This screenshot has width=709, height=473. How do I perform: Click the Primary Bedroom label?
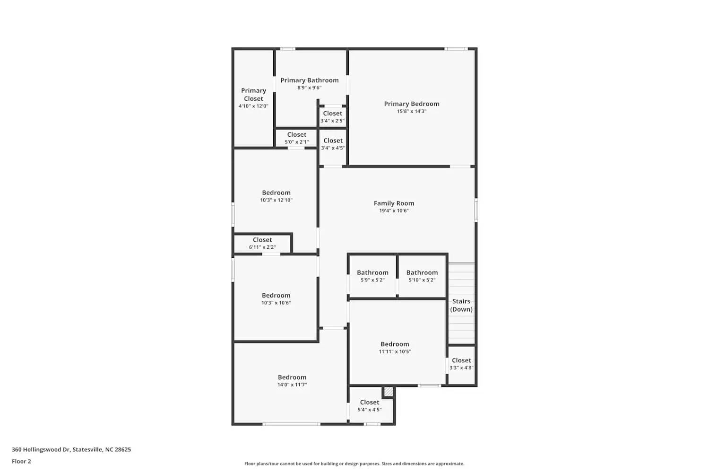point(411,104)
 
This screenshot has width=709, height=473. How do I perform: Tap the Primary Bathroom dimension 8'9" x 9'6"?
point(309,88)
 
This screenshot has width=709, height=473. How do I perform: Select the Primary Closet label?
point(253,95)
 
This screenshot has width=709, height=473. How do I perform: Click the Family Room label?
point(394,203)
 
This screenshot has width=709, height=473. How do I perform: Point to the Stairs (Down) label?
point(461,305)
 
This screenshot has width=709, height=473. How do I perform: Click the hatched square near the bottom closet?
point(388,392)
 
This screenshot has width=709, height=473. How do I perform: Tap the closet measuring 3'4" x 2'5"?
point(332,117)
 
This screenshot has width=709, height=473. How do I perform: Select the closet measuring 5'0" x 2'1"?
point(296,138)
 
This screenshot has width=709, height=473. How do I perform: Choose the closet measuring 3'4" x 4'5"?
point(333,144)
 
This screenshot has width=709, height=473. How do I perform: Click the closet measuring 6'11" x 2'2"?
point(262,243)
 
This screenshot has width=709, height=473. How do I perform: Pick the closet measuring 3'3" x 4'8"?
point(461,364)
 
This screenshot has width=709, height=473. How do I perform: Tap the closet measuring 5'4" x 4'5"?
point(369,406)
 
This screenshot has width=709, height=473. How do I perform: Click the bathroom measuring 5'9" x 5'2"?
point(372,276)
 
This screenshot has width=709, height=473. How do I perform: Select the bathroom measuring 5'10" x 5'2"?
point(422,276)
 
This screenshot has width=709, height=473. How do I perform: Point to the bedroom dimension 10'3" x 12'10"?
point(276,200)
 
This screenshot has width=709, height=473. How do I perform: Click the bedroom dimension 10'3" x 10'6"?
point(276,303)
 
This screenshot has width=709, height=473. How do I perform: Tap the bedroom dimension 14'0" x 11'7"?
point(292,385)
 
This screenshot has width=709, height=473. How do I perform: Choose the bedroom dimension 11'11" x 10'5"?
point(395,351)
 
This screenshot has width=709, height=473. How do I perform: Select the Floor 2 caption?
point(21,461)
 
